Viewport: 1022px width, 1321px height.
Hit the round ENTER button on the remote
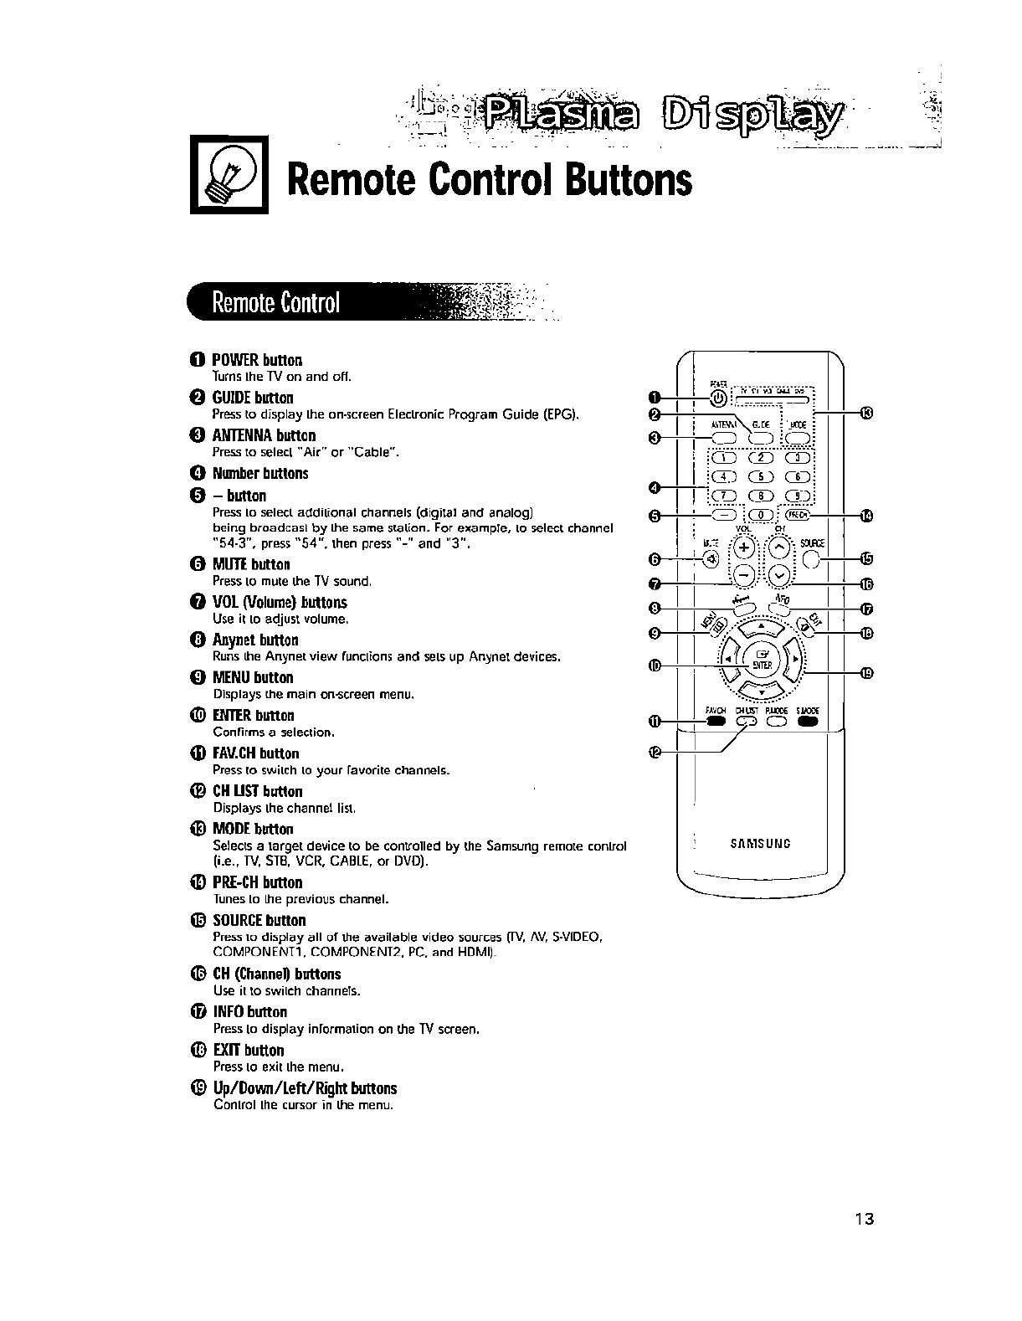tap(762, 659)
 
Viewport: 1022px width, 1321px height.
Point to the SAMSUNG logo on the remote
tap(761, 843)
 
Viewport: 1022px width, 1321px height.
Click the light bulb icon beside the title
tap(229, 174)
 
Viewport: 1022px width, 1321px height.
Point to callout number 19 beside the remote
tap(866, 672)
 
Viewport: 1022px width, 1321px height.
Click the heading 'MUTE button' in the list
tap(251, 564)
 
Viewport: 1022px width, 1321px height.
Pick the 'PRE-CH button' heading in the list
tap(257, 882)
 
